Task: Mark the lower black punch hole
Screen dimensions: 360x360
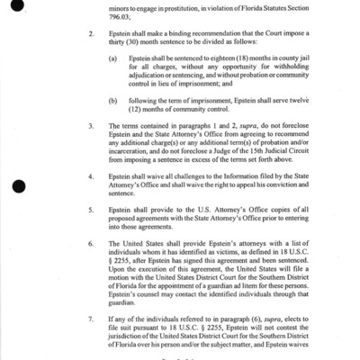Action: (18, 186)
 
